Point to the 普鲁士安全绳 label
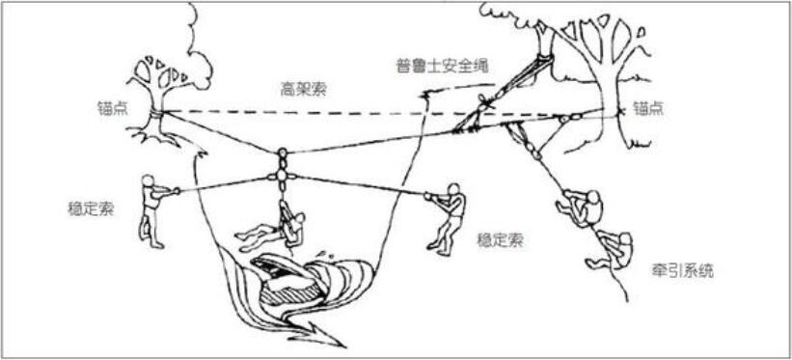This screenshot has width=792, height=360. (443, 66)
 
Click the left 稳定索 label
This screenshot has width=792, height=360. (94, 208)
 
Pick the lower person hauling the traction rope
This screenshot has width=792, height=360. (614, 249)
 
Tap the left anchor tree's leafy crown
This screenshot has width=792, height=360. (159, 72)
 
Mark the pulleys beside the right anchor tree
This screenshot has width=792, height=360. (568, 118)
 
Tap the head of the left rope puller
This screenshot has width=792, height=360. (148, 181)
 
